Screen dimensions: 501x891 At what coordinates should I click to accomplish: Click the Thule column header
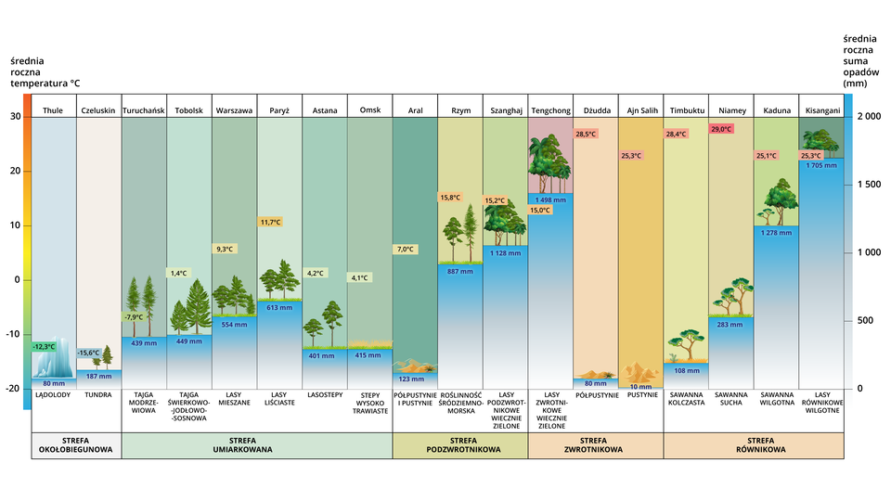[53, 110]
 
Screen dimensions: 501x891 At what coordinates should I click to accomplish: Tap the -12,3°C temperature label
[44, 346]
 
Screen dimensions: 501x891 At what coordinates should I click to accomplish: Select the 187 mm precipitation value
[98, 377]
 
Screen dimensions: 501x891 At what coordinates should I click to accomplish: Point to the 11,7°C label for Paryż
[269, 223]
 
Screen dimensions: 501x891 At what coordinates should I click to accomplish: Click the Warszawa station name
[234, 110]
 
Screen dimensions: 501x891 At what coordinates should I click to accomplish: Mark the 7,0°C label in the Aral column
[405, 250]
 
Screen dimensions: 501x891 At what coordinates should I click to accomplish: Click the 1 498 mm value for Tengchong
[550, 200]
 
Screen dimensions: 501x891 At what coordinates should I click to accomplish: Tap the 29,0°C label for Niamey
[721, 129]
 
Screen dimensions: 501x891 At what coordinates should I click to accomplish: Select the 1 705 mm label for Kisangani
[821, 166]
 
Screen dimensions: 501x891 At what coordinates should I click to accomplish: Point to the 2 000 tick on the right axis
[868, 117]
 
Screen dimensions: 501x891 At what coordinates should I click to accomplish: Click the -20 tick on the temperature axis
[15, 389]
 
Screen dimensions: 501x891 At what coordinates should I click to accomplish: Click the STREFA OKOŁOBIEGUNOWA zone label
[76, 445]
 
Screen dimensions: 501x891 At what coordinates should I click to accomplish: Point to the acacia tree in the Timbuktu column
[689, 343]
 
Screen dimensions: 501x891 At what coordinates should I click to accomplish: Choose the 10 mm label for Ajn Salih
[640, 386]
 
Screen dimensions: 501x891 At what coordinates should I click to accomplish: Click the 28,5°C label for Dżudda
[586, 135]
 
